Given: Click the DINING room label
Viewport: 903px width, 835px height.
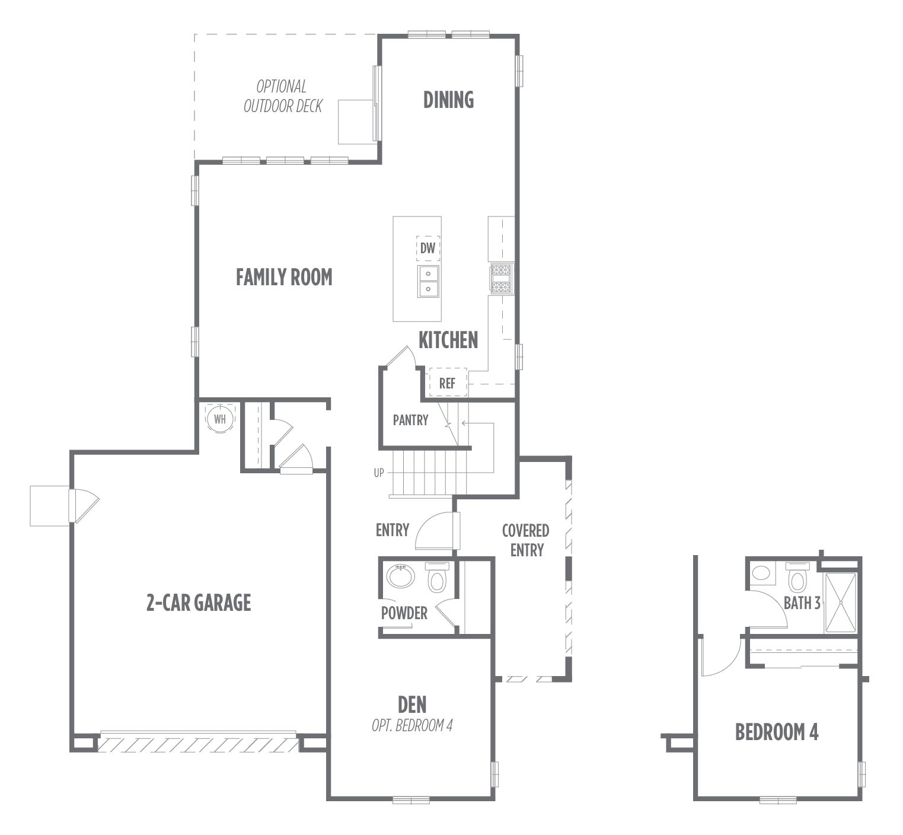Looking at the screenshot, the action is [448, 100].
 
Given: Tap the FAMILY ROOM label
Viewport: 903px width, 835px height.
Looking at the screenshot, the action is [284, 277].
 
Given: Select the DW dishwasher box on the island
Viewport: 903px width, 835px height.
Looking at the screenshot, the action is [428, 248].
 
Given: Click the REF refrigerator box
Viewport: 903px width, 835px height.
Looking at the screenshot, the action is [448, 383].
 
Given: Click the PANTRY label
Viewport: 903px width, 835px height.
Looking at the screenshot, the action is [410, 420].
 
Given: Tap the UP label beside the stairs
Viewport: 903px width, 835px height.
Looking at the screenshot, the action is [379, 473].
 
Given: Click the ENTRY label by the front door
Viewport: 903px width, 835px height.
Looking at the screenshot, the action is [393, 530].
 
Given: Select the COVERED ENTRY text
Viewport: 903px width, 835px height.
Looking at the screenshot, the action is [526, 540].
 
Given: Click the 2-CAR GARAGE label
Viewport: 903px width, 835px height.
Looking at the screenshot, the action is [199, 603].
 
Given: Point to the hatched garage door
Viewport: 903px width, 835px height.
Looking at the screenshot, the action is [198, 743].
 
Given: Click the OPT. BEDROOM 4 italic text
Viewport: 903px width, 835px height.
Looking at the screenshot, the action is [412, 725].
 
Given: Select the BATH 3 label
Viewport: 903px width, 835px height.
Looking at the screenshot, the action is [802, 603].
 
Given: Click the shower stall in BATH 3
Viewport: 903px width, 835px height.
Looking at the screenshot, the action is [840, 602].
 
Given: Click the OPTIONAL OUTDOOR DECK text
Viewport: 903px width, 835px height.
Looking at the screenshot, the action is [283, 96].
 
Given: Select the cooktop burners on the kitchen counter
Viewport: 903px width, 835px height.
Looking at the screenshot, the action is [500, 278].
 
